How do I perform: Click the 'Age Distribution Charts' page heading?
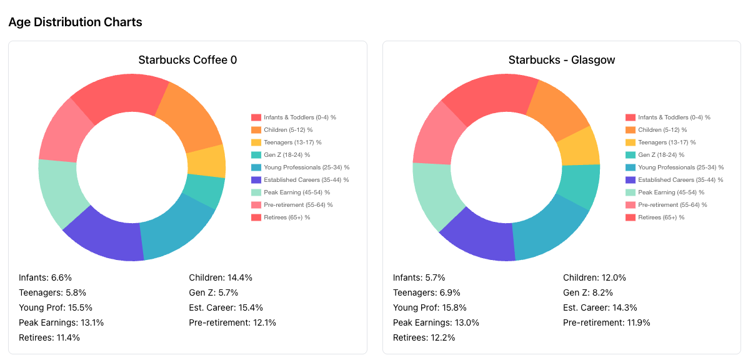point(75,22)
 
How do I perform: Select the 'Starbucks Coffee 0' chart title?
point(187,60)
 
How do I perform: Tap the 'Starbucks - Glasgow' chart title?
point(561,60)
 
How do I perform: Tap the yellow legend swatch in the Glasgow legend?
point(630,142)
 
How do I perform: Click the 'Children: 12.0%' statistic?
point(594,277)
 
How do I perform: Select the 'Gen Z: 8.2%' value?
point(588,292)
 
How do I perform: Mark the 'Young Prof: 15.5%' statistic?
point(56,307)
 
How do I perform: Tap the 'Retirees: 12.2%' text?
point(424,337)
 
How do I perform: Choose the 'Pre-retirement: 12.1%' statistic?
point(232,322)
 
